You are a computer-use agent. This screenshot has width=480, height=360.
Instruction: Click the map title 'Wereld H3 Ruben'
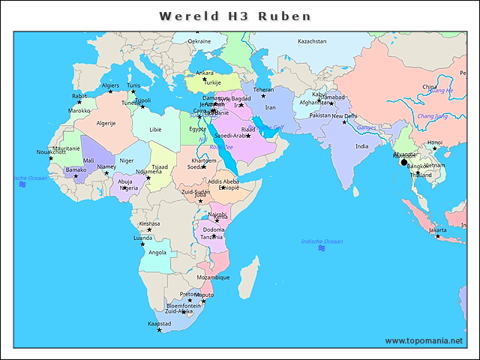pyautogui.click(x=235, y=16)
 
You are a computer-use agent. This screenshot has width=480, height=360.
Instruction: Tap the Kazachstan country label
pyautogui.click(x=312, y=41)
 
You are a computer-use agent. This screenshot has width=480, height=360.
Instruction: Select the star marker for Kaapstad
pyautogui.click(x=159, y=330)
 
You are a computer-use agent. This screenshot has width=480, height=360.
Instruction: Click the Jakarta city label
pyautogui.click(x=437, y=230)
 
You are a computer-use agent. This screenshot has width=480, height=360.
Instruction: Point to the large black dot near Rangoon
pyautogui.click(x=403, y=162)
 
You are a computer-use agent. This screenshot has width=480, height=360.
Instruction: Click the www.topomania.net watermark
pyautogui.click(x=424, y=340)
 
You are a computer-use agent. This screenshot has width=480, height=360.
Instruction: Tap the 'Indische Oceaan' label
pyautogui.click(x=322, y=241)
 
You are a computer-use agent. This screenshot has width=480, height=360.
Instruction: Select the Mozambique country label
pyautogui.click(x=213, y=277)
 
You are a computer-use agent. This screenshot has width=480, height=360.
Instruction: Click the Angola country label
pyautogui.click(x=157, y=253)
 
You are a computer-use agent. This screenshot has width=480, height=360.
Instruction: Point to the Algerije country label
pyautogui.click(x=106, y=123)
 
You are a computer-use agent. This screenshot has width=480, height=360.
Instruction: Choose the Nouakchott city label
pyautogui.click(x=51, y=152)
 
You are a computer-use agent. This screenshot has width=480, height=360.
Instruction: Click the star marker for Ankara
pyautogui.click(x=204, y=79)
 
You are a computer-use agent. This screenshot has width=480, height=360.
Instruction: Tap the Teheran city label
pyautogui.click(x=263, y=89)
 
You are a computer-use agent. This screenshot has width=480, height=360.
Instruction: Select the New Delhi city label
pyautogui.click(x=345, y=116)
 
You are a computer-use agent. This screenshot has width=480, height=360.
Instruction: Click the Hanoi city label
pyautogui.click(x=434, y=142)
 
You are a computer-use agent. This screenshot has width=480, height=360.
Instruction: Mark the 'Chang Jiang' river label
pyautogui.click(x=432, y=116)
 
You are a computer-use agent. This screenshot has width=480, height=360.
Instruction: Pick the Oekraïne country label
pyautogui.click(x=199, y=41)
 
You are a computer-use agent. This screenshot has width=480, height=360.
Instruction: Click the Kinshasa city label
pyautogui.click(x=149, y=223)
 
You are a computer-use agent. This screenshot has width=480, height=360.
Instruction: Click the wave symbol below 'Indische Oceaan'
pyautogui.click(x=322, y=248)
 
